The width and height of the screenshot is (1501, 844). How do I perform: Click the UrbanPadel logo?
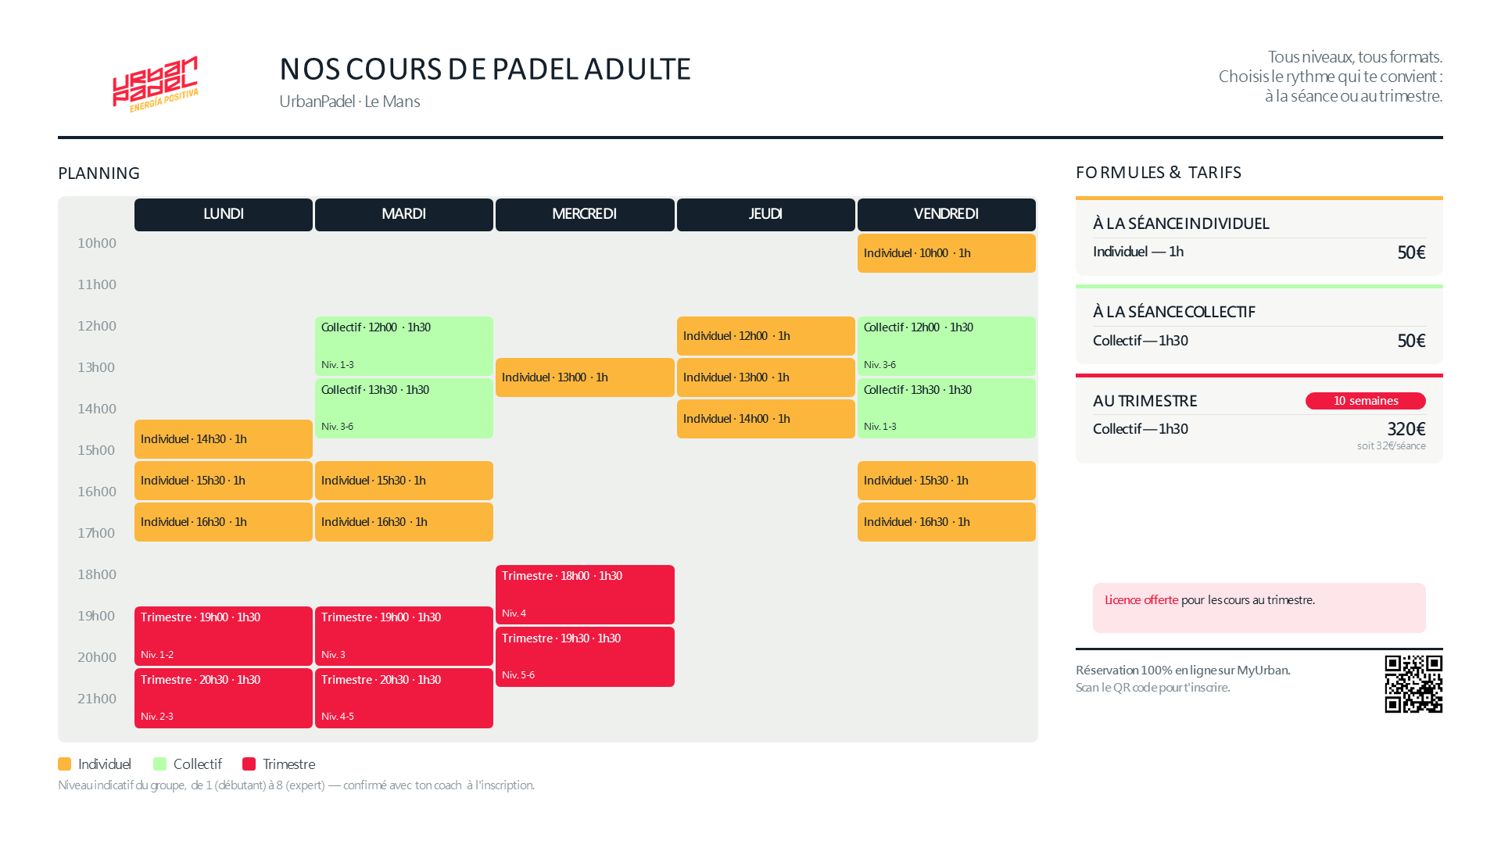[x=156, y=84]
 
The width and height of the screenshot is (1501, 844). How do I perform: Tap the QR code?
[x=1413, y=685]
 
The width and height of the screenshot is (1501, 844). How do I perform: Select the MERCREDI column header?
[x=585, y=214]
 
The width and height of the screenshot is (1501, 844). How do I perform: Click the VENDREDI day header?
[x=946, y=214]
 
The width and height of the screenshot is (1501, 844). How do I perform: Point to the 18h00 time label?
[x=97, y=574]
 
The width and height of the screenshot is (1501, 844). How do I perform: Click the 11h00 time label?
[x=97, y=284]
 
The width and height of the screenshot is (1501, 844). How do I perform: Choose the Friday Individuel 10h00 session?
[x=946, y=253]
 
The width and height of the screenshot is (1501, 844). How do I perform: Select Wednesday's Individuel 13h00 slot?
[x=585, y=377]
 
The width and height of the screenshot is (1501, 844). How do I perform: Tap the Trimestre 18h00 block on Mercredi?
[x=585, y=595]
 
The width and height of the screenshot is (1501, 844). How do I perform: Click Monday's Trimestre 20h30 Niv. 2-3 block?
[x=224, y=698]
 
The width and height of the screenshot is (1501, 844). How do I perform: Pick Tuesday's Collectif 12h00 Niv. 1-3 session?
[x=404, y=346]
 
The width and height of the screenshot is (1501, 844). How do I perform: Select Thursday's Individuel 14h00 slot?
[x=765, y=419]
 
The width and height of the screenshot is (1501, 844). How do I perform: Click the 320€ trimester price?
[x=1406, y=429]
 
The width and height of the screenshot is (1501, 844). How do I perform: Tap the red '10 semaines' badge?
[x=1366, y=401]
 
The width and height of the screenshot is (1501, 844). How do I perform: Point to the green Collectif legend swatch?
[x=160, y=764]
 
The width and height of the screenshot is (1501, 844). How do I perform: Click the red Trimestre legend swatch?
[x=249, y=764]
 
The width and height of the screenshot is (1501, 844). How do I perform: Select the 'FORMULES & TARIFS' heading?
[x=1159, y=173]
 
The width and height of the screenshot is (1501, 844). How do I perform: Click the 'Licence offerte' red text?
[x=1141, y=600]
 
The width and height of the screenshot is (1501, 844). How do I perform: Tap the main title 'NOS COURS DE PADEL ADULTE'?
[x=485, y=69]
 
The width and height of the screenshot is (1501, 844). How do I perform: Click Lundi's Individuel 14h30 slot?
[x=224, y=439]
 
